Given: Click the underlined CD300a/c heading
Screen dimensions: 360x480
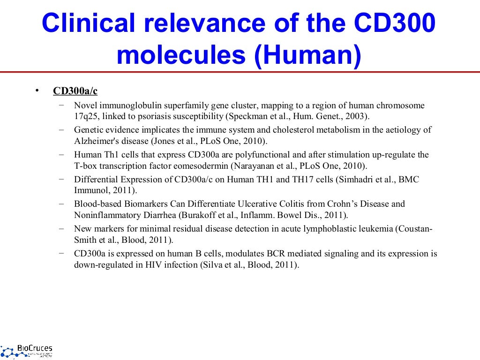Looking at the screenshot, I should click(x=75, y=91).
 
